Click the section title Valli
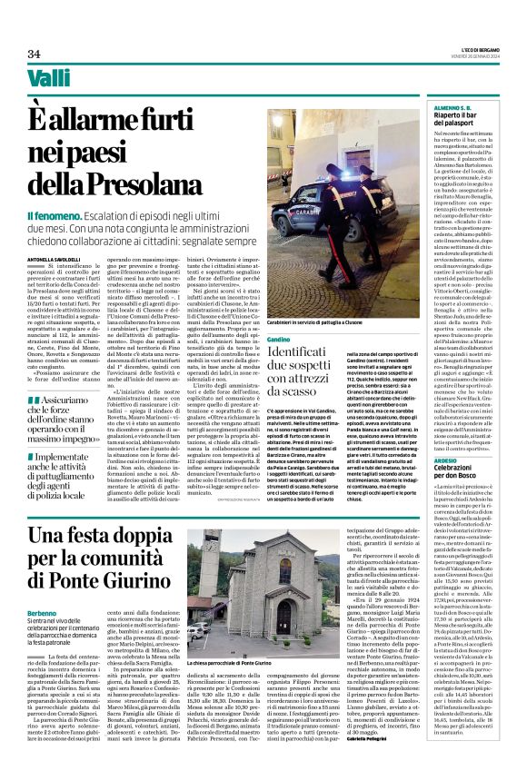[x=48, y=79]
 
